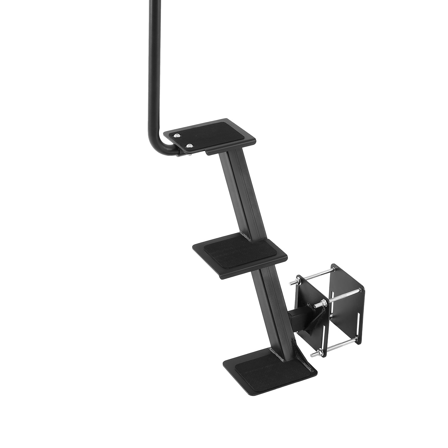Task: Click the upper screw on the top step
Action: tap(177, 136)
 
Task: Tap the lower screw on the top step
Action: tap(190, 145)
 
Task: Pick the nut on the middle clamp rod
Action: tap(322, 303)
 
